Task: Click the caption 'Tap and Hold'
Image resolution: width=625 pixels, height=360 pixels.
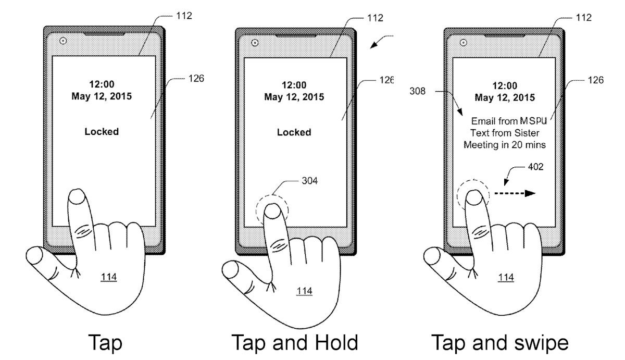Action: click(294, 343)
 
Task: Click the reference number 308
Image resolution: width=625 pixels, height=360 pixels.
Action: click(417, 91)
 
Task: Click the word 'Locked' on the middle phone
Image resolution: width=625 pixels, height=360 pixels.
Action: click(294, 132)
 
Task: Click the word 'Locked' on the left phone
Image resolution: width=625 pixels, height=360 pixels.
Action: click(102, 132)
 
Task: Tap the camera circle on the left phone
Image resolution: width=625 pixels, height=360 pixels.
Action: click(63, 41)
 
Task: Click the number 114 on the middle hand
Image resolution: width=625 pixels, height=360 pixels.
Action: click(304, 290)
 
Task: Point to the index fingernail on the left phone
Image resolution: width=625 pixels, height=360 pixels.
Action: click(78, 197)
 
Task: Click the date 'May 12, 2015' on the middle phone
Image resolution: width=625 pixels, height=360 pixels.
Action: click(294, 97)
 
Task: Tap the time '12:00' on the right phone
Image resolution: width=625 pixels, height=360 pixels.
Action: click(504, 86)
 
